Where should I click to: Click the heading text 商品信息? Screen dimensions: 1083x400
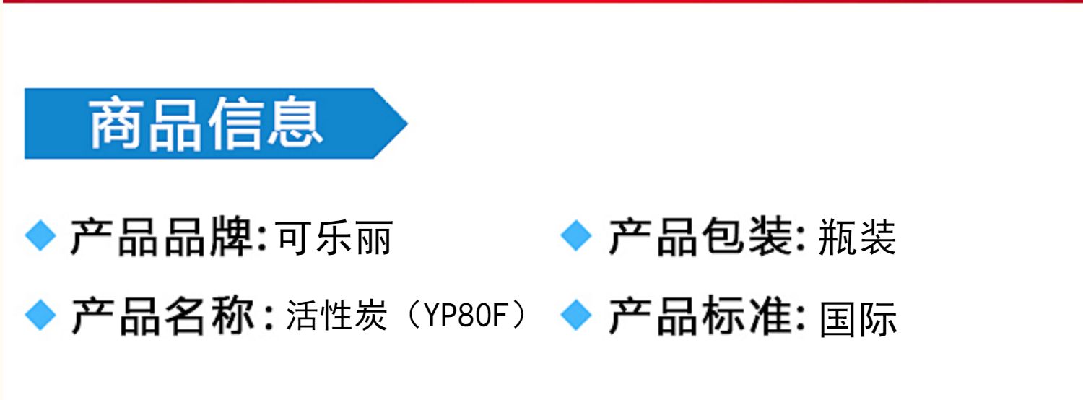(x=205, y=124)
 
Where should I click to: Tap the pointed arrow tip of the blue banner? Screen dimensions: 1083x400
(x=401, y=123)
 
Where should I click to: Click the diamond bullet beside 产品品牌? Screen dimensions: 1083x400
(x=40, y=236)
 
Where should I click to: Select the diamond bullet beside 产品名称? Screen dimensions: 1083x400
(x=40, y=316)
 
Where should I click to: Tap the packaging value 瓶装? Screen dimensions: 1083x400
(x=857, y=238)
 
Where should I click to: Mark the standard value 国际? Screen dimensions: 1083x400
(x=858, y=318)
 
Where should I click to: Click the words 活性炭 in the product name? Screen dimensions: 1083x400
(x=336, y=317)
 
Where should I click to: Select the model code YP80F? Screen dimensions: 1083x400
(x=462, y=317)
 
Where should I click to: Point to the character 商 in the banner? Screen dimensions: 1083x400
(x=116, y=124)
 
